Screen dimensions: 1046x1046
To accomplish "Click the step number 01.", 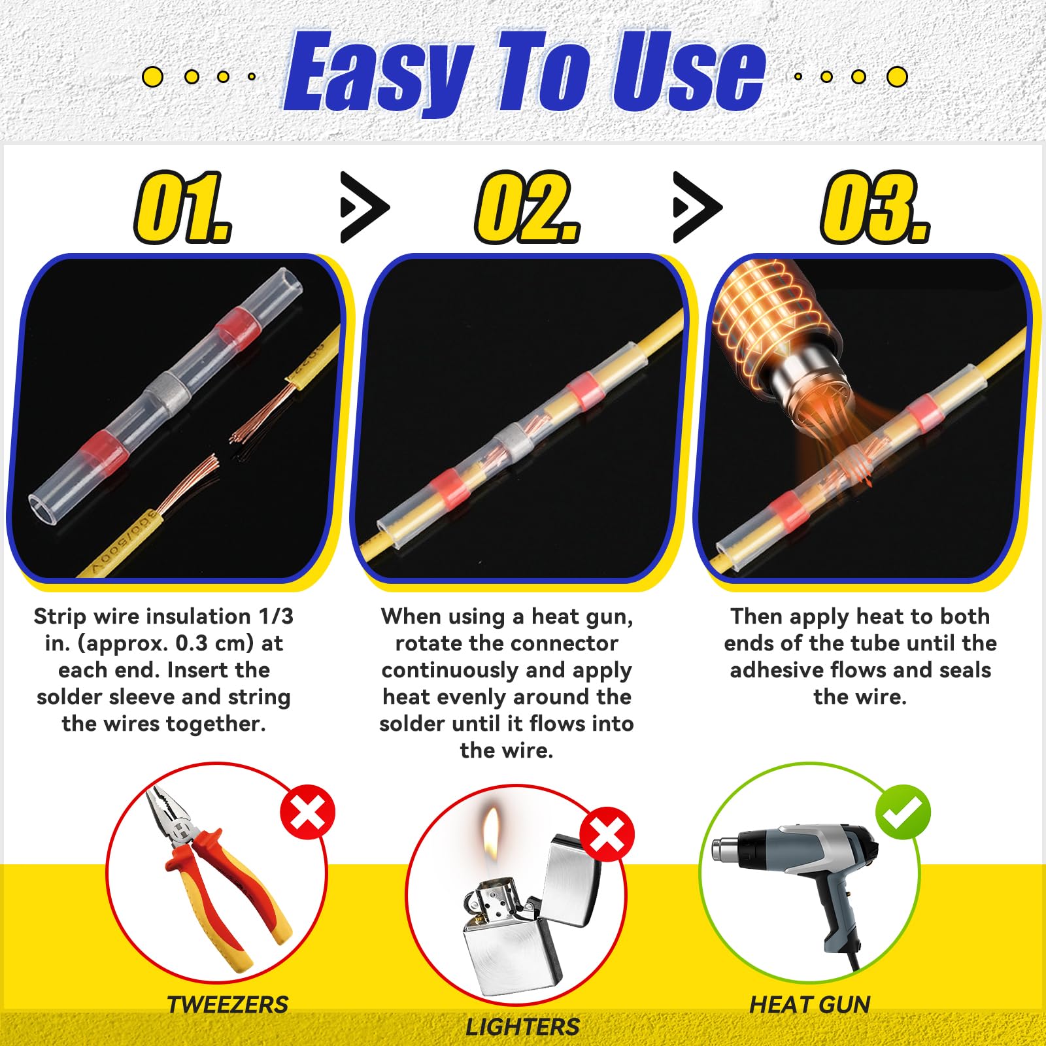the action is click(x=182, y=207).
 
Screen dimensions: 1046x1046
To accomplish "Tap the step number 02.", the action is click(x=527, y=207).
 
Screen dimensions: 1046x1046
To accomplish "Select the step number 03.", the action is click(x=875, y=207).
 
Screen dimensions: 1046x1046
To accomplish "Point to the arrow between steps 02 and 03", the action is click(x=697, y=208).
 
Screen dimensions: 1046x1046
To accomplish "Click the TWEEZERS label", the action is click(x=228, y=1004).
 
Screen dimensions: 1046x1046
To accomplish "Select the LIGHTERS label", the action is click(x=522, y=1026).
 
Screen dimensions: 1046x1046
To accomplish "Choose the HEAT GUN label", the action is click(x=809, y=1004).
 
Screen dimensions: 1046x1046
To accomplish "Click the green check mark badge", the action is click(x=903, y=812).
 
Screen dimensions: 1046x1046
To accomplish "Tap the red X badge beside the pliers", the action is click(x=307, y=813).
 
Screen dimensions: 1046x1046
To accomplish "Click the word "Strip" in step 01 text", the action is click(x=59, y=616).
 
